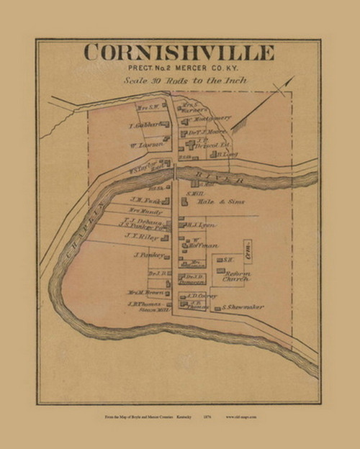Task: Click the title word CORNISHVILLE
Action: click(x=179, y=53)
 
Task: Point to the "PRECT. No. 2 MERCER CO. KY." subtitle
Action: click(x=179, y=69)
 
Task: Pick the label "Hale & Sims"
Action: click(x=212, y=204)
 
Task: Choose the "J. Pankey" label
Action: click(x=145, y=255)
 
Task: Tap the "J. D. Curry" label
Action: click(x=201, y=294)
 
